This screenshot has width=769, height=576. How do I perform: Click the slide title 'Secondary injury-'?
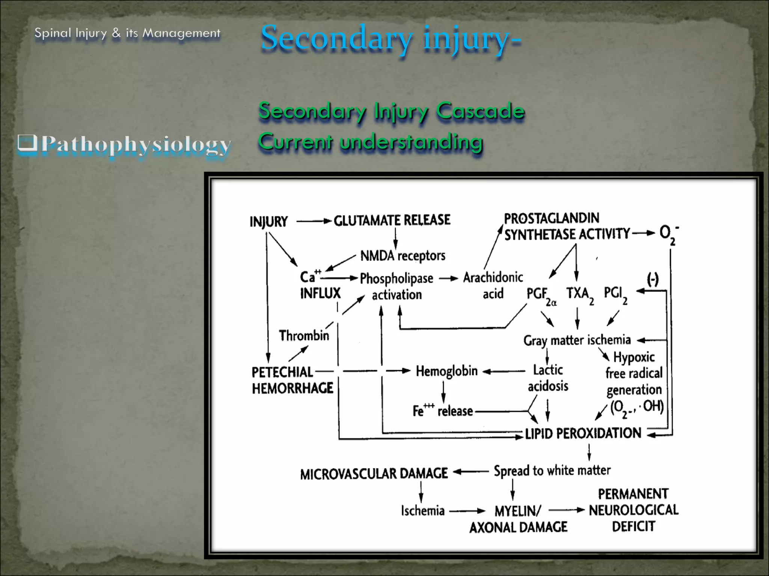click(391, 38)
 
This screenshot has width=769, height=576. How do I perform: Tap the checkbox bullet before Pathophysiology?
click(27, 144)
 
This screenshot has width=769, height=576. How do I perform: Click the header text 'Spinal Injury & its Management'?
click(127, 33)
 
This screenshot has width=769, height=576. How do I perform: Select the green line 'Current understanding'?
click(370, 142)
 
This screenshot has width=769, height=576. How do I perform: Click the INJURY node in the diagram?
click(268, 222)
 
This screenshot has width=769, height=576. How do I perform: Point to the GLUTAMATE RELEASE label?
click(392, 220)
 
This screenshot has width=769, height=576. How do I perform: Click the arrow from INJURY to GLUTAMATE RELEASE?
click(314, 221)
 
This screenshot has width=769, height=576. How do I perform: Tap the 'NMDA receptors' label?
click(403, 256)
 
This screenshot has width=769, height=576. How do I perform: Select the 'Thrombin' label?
click(304, 335)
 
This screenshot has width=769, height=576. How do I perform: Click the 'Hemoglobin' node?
click(446, 371)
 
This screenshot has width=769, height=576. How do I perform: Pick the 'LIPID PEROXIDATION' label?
click(583, 433)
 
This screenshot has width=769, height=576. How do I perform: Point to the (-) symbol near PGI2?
click(653, 279)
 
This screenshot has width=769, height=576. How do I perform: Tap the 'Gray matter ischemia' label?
click(577, 340)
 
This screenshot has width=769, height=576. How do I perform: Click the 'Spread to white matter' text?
click(552, 471)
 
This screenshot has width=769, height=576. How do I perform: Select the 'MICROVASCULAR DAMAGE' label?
click(374, 474)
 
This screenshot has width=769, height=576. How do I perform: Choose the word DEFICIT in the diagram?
click(633, 526)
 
